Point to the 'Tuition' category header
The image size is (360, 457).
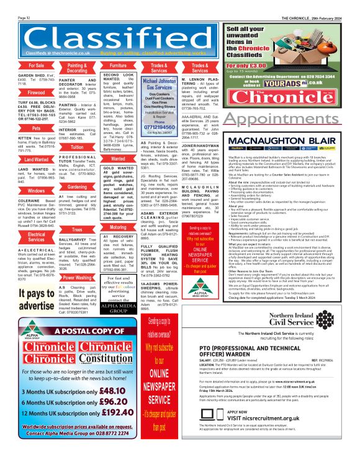[x=77, y=148]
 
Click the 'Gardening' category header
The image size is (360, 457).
[x=77, y=187]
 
